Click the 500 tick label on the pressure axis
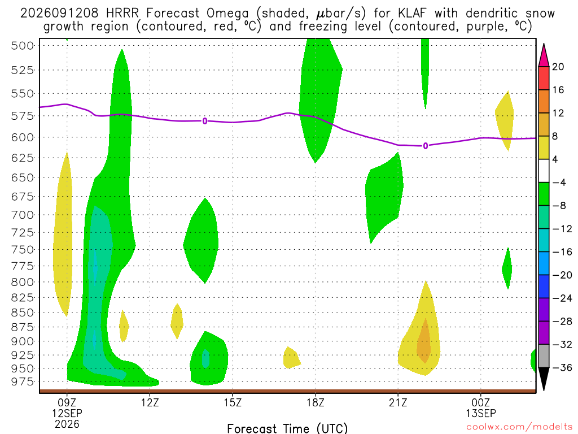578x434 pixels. point(22,46)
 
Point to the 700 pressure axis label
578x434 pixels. point(22,215)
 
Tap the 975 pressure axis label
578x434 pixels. point(22,381)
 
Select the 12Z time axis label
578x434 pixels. point(150,402)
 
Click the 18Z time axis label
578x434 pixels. point(315,402)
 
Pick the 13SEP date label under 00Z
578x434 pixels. point(481,413)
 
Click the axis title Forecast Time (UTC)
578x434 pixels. point(287,428)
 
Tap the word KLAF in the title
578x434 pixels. point(411,14)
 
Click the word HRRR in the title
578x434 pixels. point(122,14)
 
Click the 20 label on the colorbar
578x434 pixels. point(558,67)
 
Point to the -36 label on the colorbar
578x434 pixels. point(562,367)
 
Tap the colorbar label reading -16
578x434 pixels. point(562,252)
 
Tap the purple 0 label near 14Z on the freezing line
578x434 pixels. point(204,121)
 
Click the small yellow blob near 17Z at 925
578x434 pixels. point(291,358)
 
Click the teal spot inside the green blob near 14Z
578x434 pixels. point(205,358)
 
